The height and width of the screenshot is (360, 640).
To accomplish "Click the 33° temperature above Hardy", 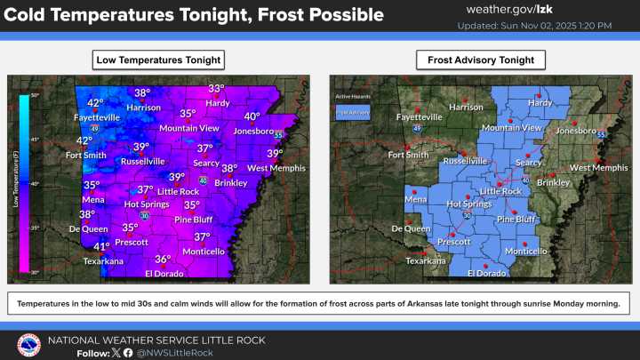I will (216, 88).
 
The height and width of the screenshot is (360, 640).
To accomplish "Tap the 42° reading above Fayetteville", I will (94, 103).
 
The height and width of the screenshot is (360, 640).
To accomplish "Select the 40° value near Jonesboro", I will (252, 116).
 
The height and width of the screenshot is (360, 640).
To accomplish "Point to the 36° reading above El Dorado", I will (163, 260).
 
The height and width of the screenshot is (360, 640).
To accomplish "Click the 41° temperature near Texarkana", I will (101, 247).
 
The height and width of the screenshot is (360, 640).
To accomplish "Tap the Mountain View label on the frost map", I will (511, 128).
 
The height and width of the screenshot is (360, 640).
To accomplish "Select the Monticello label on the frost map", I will (525, 251).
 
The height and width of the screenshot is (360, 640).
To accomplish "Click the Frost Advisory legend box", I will (351, 112).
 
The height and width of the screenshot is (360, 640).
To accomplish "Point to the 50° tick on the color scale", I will (34, 94).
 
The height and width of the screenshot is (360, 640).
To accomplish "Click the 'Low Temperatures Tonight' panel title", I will (158, 60).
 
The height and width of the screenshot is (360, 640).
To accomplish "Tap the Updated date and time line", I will (534, 26).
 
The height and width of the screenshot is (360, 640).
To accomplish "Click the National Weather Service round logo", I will (29, 345).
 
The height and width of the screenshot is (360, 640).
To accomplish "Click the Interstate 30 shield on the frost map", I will (467, 215).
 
